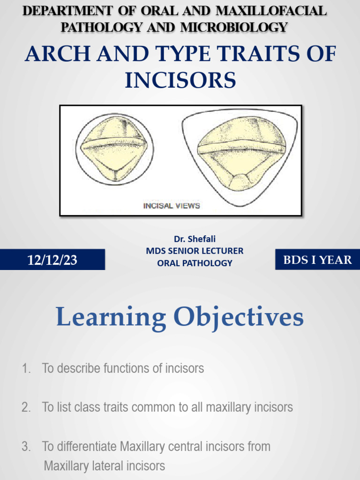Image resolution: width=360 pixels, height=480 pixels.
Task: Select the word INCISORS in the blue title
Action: [180, 80]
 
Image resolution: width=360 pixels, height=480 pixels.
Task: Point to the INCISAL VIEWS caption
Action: [172, 205]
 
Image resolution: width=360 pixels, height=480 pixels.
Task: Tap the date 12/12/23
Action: [52, 260]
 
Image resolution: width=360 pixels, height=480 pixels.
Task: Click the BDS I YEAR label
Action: [317, 260]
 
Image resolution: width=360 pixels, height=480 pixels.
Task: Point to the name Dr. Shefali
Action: [195, 239]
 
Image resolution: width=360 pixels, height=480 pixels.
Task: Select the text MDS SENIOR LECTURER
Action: [195, 251]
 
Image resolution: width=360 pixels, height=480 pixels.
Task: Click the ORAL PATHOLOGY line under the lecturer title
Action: [195, 263]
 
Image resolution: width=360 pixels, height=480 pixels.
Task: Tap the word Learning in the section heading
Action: [111, 317]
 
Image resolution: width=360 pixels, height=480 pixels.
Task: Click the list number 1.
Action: [25, 368]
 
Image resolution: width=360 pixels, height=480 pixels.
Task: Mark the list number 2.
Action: [25, 407]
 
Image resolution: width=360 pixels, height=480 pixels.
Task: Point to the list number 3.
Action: [25, 446]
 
